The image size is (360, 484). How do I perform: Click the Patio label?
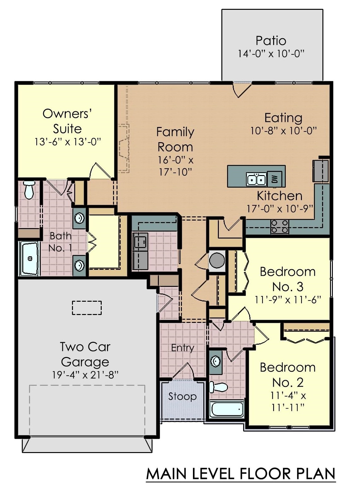[271, 41]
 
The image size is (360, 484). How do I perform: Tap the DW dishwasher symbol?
[275, 179]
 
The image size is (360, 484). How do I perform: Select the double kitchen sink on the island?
[256, 179]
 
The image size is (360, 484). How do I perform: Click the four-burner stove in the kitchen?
[280, 227]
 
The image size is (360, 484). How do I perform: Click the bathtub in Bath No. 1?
[30, 258]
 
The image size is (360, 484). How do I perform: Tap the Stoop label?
[182, 396]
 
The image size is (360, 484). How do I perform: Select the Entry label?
[182, 348]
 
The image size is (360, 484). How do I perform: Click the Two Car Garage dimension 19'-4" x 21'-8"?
[85, 375]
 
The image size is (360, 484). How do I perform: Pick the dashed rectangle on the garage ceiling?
[87, 308]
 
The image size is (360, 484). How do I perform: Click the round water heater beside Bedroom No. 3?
[217, 261]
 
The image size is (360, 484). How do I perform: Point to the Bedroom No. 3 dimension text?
[288, 299]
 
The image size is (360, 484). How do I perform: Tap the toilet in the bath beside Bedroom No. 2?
[219, 387]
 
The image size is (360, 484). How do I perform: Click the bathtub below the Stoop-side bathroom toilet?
[227, 409]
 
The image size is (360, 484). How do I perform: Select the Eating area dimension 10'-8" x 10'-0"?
[283, 131]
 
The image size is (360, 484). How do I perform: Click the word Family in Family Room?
[175, 132]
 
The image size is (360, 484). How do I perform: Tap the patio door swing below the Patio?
[242, 90]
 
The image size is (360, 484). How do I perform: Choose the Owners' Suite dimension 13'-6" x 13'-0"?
[68, 142]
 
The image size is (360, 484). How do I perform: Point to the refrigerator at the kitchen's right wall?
[321, 171]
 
